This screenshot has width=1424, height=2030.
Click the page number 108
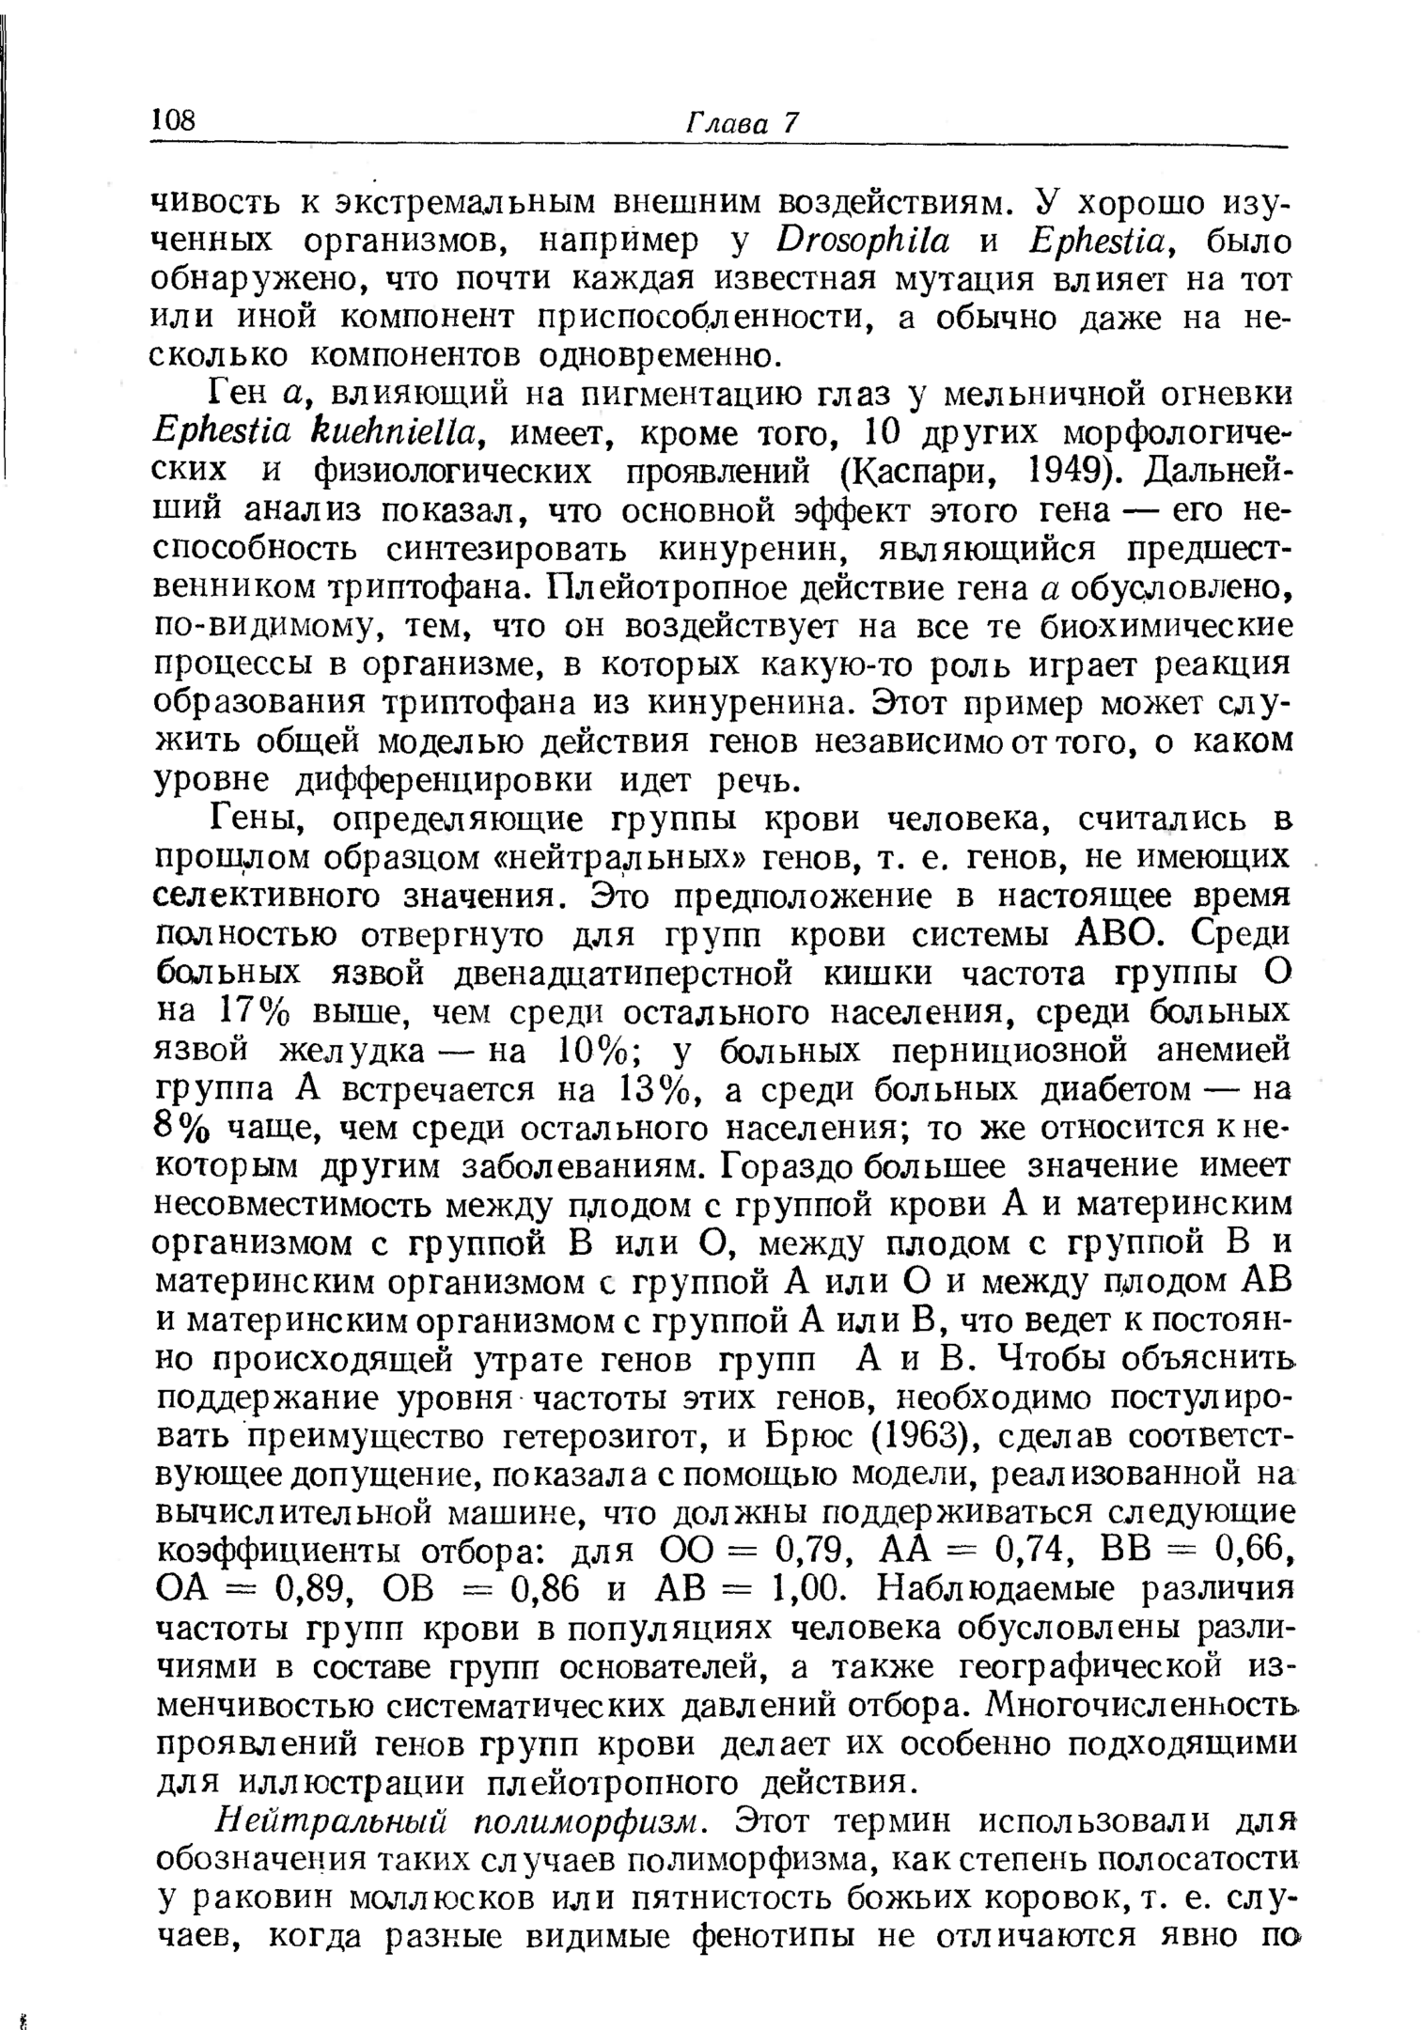[x=175, y=120]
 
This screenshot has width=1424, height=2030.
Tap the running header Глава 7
[x=742, y=123]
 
